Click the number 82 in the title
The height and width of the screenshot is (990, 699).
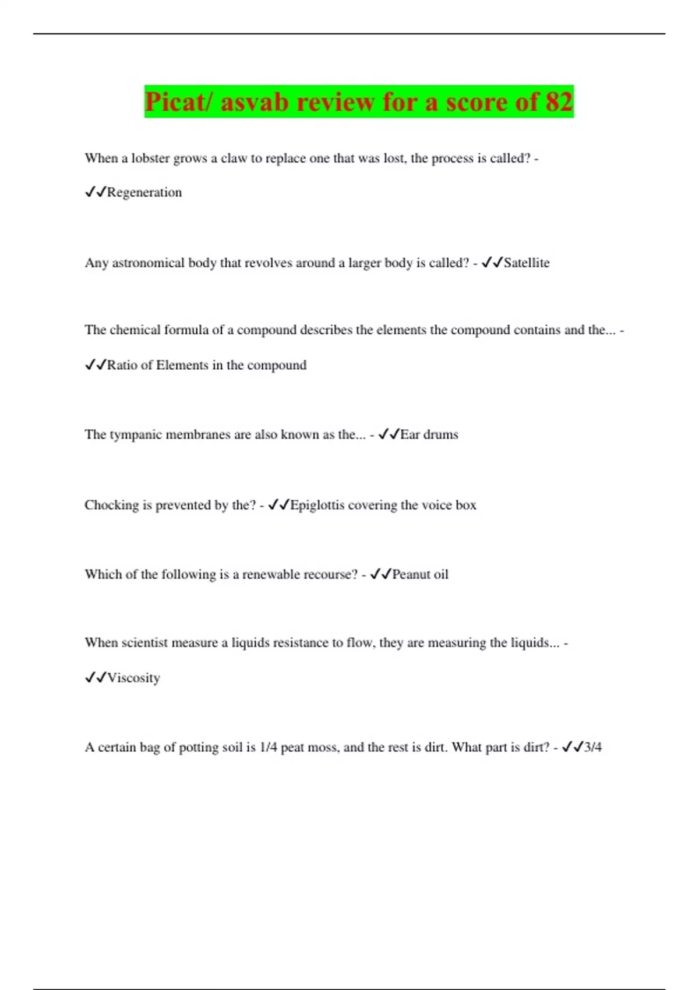[x=559, y=102]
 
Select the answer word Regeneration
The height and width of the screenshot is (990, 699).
[x=144, y=193]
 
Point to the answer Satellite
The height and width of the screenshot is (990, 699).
[x=527, y=263]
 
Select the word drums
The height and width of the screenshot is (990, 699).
[x=441, y=434]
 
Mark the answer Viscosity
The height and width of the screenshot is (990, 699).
[x=133, y=678]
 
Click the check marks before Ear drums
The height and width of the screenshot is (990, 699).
[x=389, y=434]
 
